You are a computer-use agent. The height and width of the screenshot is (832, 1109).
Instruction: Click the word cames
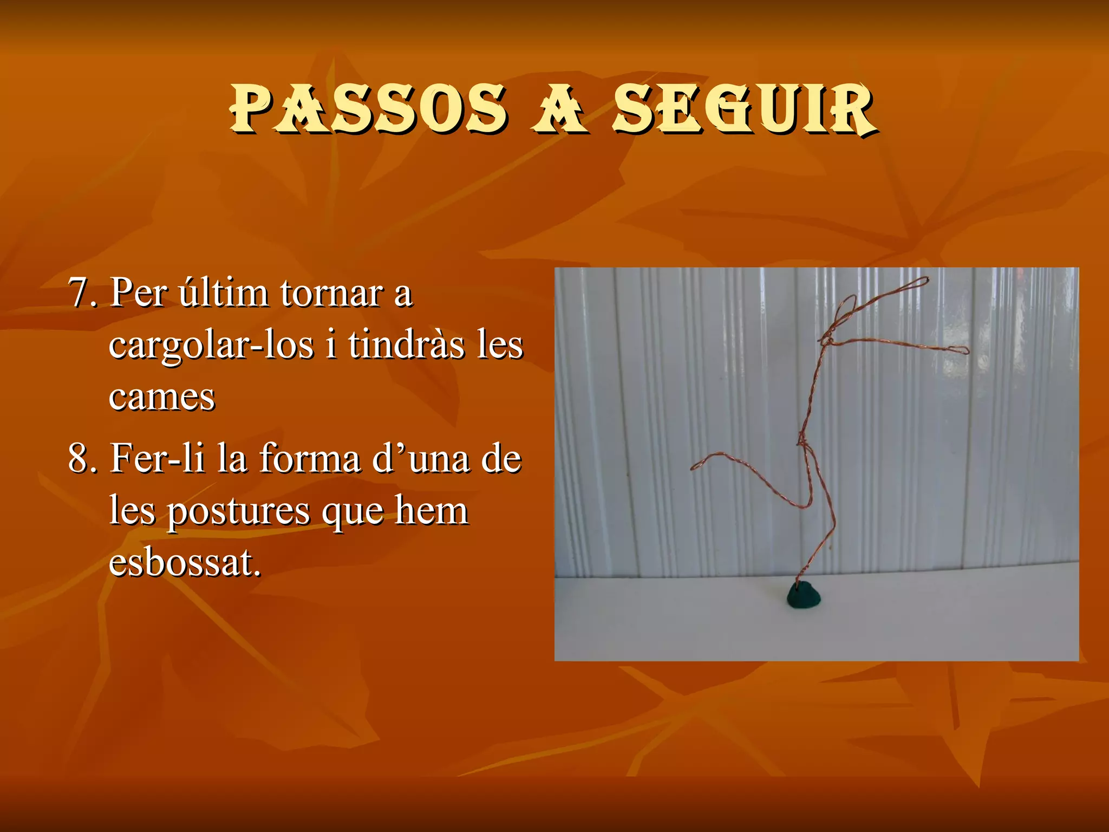pyautogui.click(x=161, y=396)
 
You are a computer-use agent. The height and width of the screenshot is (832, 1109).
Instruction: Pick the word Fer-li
pyautogui.click(x=157, y=458)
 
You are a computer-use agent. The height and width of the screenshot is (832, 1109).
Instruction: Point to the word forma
pyautogui.click(x=310, y=458)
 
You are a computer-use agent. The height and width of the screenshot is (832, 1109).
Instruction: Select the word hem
pyautogui.click(x=431, y=510)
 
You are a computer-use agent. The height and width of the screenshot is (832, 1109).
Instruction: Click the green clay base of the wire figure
pyautogui.click(x=804, y=595)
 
